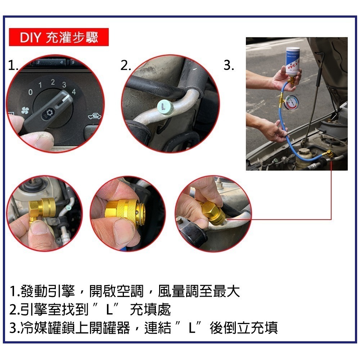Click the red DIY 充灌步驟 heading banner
click(x=59, y=37)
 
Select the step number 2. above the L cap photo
click(x=126, y=66)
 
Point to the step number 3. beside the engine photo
click(x=229, y=66)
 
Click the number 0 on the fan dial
click(x=31, y=93)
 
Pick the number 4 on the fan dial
click(x=74, y=91)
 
